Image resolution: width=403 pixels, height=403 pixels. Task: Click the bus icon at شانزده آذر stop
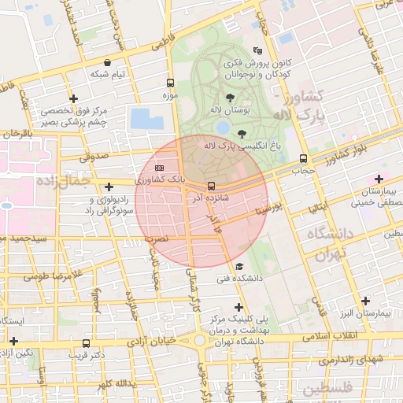[211, 187]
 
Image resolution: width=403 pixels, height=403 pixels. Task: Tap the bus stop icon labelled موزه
[170, 83]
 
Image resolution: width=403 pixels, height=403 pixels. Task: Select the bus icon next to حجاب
[304, 159]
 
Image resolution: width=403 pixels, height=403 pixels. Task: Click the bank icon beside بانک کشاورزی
[160, 168]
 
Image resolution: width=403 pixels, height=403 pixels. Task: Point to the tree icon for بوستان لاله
[230, 98]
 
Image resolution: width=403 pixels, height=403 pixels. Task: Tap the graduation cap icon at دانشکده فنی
[239, 267]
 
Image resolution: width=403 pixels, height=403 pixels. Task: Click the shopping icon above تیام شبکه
[106, 62]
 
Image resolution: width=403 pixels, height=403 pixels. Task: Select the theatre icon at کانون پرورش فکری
[257, 50]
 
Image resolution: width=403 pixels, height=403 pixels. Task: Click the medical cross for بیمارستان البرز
[365, 301]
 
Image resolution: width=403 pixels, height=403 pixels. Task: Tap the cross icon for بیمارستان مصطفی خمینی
[380, 179]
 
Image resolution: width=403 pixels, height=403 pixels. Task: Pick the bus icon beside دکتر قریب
[86, 343]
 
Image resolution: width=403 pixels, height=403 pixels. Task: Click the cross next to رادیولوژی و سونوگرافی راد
[109, 187]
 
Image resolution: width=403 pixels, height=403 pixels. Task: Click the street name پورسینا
[266, 210]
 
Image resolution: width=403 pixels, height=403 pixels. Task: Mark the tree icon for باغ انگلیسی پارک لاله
[242, 134]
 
